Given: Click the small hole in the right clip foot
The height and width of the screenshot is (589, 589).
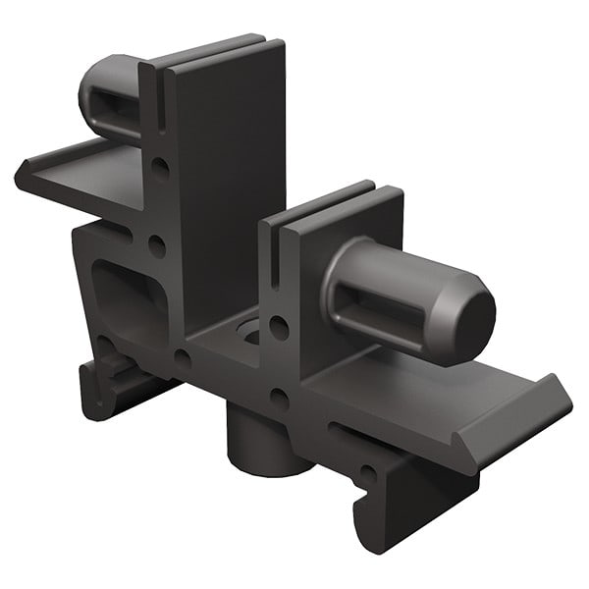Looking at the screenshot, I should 367,475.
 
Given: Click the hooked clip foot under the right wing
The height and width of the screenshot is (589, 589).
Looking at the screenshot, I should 393,510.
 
